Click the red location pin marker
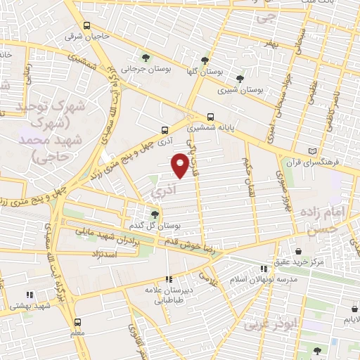(181, 165)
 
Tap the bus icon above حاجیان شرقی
(86, 26)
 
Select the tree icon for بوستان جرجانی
(145, 58)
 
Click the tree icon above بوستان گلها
(205, 60)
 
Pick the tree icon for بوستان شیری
(241, 79)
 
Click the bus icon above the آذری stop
(165, 130)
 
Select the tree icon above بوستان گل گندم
(155, 214)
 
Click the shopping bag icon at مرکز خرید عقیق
(299, 251)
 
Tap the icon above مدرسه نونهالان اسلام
(264, 269)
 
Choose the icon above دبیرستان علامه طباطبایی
(167, 280)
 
